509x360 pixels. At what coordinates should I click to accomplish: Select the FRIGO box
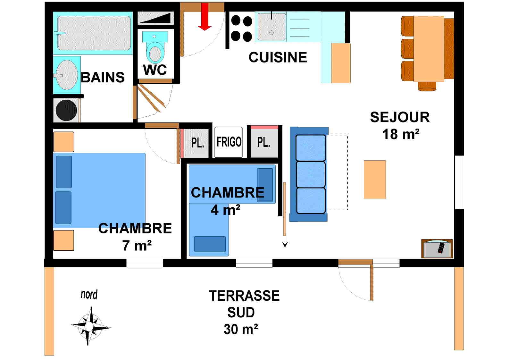click(229, 142)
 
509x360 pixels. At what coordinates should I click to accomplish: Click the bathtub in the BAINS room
click(94, 33)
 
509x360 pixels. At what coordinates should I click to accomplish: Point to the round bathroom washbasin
click(67, 75)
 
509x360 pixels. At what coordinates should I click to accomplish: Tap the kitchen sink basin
click(271, 27)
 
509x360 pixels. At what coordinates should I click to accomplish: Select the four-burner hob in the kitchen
click(241, 29)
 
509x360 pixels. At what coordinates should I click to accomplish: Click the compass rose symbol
click(90, 326)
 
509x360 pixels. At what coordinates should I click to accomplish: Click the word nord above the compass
click(89, 295)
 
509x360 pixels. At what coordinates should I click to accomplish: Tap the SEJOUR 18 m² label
click(400, 126)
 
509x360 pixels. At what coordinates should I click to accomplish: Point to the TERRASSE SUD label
click(244, 304)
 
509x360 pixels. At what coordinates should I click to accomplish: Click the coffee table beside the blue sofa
click(374, 180)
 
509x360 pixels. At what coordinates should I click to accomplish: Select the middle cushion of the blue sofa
click(310, 175)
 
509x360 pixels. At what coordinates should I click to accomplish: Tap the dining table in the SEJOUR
click(429, 49)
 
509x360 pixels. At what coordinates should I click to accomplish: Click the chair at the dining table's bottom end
click(427, 86)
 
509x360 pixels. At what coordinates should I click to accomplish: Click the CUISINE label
click(278, 57)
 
